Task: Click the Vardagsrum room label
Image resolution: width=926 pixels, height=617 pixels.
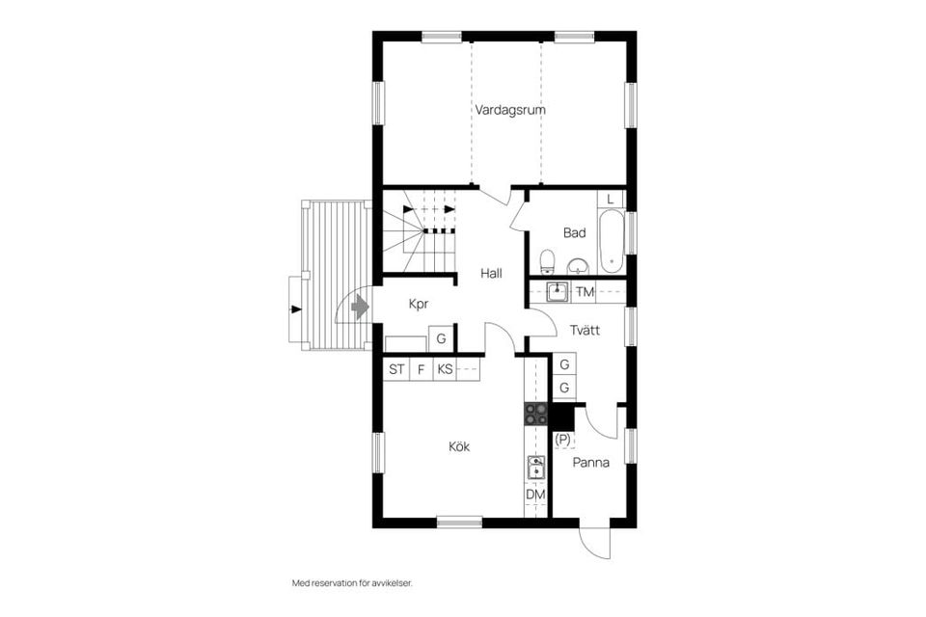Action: click(510, 110)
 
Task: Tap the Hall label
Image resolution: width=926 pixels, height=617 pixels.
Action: click(491, 274)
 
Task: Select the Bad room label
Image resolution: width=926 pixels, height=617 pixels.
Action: click(574, 232)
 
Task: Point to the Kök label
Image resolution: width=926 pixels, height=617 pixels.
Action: click(459, 446)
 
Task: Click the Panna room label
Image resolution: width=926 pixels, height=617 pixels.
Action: click(590, 462)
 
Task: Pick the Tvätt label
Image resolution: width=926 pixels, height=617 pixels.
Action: click(585, 330)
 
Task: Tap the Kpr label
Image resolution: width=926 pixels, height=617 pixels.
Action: click(418, 304)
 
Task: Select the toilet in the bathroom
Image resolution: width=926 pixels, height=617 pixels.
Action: click(547, 261)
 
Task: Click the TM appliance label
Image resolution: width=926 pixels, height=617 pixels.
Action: click(585, 292)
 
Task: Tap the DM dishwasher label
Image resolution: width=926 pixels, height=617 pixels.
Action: click(535, 495)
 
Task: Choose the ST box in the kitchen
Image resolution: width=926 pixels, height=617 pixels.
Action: click(396, 369)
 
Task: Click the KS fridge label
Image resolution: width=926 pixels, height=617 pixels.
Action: click(444, 369)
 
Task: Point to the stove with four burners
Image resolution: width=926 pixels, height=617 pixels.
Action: click(535, 415)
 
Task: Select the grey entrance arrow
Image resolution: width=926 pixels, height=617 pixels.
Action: click(360, 307)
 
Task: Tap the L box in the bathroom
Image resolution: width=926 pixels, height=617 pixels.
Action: click(611, 200)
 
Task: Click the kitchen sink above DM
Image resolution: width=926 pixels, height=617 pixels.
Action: click(535, 469)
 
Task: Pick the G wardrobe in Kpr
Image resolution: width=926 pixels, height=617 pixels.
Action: click(441, 339)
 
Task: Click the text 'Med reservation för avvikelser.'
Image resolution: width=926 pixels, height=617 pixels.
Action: click(358, 583)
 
